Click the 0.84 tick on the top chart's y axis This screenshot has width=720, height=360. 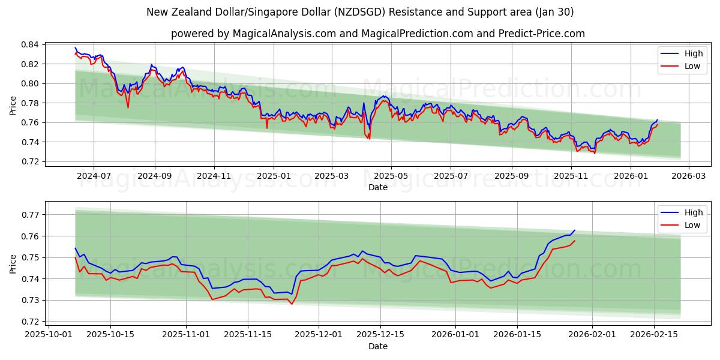[30, 44]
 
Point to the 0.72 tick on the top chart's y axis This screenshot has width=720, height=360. [30, 161]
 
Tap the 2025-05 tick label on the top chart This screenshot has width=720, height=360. [391, 176]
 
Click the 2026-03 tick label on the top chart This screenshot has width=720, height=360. [688, 176]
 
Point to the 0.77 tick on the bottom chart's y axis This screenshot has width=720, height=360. [30, 215]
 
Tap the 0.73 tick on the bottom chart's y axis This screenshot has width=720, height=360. [30, 300]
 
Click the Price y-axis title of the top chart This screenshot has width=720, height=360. [13, 106]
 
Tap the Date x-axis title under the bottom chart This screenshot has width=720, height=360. [378, 346]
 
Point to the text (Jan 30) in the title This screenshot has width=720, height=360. [555, 12]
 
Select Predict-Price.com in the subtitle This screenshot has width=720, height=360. [542, 34]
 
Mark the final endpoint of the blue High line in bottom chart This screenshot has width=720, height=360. [575, 230]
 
